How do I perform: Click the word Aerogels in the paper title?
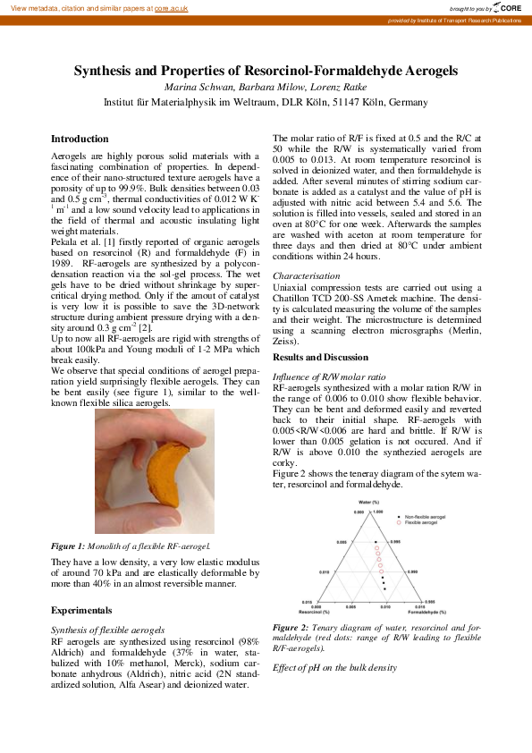click(422, 70)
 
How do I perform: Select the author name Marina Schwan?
click(196, 87)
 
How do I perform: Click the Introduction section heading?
click(80, 140)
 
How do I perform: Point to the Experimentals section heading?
click(81, 611)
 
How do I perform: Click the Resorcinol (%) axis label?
click(316, 612)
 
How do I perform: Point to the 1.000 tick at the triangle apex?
click(390, 512)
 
